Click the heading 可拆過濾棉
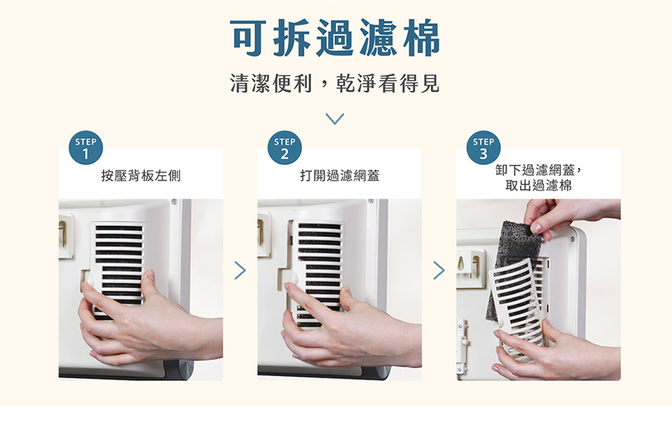pos(335,38)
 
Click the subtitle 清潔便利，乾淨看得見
pos(335,83)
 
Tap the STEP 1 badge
pos(86,147)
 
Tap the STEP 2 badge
pos(284,147)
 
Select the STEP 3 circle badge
pos(483,147)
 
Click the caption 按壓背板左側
pos(140,176)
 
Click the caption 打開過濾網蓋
pos(339,176)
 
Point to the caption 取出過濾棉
pos(538,186)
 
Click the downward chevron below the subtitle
pos(335,119)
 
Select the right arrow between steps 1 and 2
pos(241,270)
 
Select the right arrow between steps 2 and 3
pos(439,270)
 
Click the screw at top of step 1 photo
pos(175,202)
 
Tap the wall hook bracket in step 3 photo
pos(471,269)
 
